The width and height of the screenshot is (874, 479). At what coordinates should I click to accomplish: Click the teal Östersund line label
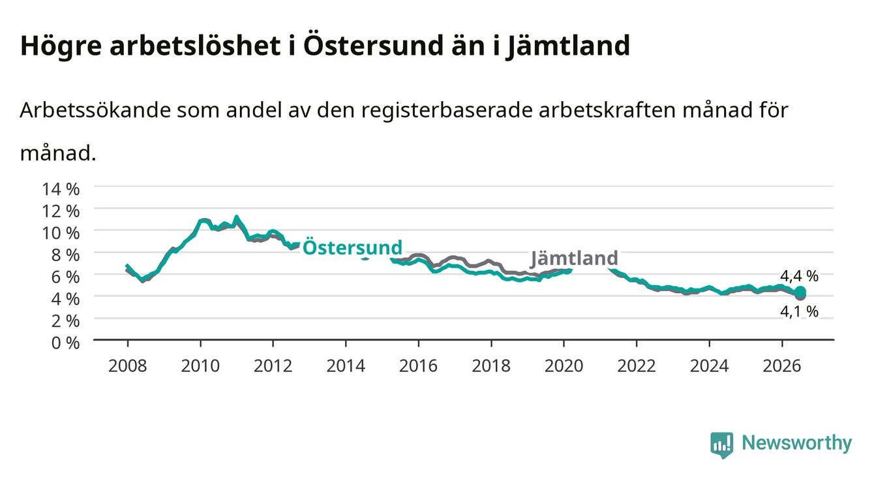pyautogui.click(x=352, y=247)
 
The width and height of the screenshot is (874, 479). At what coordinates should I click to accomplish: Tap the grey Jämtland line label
pyautogui.click(x=574, y=258)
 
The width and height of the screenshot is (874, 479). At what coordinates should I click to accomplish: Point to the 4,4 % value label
pyautogui.click(x=799, y=276)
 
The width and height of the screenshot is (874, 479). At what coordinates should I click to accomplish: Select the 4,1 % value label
pyautogui.click(x=799, y=311)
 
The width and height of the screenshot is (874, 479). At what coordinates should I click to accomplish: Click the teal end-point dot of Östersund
pyautogui.click(x=800, y=291)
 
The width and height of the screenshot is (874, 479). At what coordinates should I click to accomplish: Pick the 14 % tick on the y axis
pyautogui.click(x=61, y=189)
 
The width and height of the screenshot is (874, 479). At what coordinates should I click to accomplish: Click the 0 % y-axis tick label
pyautogui.click(x=65, y=343)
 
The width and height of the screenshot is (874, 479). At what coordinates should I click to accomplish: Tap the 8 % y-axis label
pyautogui.click(x=65, y=255)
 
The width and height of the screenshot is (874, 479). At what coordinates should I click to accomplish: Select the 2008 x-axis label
pyautogui.click(x=127, y=366)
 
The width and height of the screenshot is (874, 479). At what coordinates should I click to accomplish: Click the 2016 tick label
pyautogui.click(x=418, y=366)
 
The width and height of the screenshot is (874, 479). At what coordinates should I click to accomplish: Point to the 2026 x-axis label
pyautogui.click(x=782, y=366)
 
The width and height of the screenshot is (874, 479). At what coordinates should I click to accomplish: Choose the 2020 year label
pyautogui.click(x=564, y=366)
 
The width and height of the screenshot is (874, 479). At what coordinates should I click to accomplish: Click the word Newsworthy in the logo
pyautogui.click(x=797, y=442)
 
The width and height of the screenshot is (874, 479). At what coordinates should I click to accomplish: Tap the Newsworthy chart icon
pyautogui.click(x=722, y=445)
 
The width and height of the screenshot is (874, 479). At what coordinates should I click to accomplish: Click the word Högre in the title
pyautogui.click(x=61, y=46)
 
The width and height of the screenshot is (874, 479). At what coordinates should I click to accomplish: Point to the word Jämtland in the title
pyautogui.click(x=567, y=46)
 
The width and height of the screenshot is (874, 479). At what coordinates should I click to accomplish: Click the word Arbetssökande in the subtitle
pyautogui.click(x=95, y=110)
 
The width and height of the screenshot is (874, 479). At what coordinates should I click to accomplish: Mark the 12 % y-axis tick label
pyautogui.click(x=61, y=211)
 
